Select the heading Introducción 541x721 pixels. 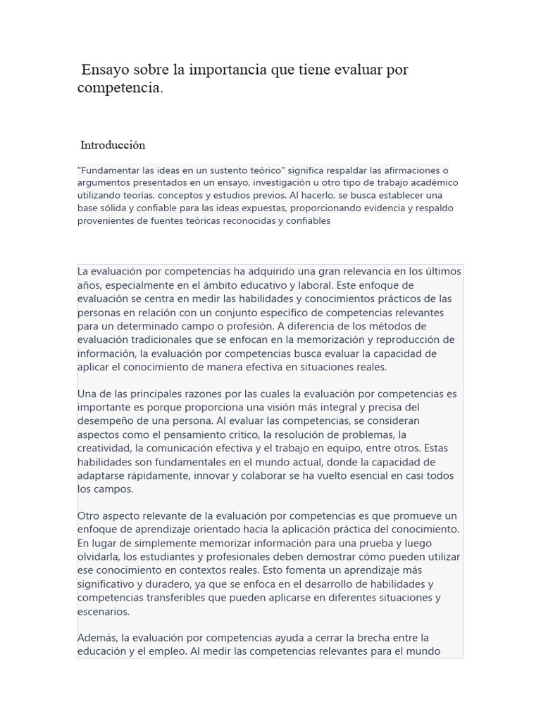click(x=113, y=145)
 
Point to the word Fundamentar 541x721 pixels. click(x=110, y=170)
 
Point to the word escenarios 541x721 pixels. click(x=103, y=611)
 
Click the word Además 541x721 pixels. click(x=97, y=638)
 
